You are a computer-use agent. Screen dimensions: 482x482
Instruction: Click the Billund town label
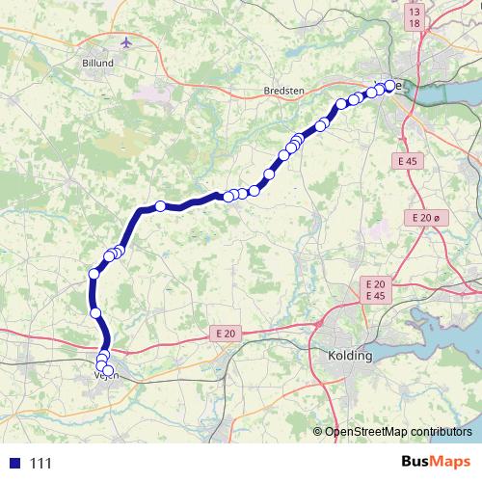coord(99,65)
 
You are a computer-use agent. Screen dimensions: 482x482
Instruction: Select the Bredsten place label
coord(282,91)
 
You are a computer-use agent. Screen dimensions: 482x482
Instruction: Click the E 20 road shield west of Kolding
coord(225,333)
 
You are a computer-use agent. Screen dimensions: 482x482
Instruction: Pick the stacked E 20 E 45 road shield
coord(374,289)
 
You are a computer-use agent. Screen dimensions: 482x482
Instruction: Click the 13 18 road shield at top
coord(414,16)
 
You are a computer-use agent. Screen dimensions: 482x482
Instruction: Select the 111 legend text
coord(40,464)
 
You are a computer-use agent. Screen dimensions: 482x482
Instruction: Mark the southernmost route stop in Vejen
coord(107,371)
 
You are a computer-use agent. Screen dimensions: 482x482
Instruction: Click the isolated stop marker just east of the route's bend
coord(160,204)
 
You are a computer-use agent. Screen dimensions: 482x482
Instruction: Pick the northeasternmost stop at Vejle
coord(391,85)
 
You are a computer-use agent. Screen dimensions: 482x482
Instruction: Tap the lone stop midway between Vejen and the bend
coord(95,312)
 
